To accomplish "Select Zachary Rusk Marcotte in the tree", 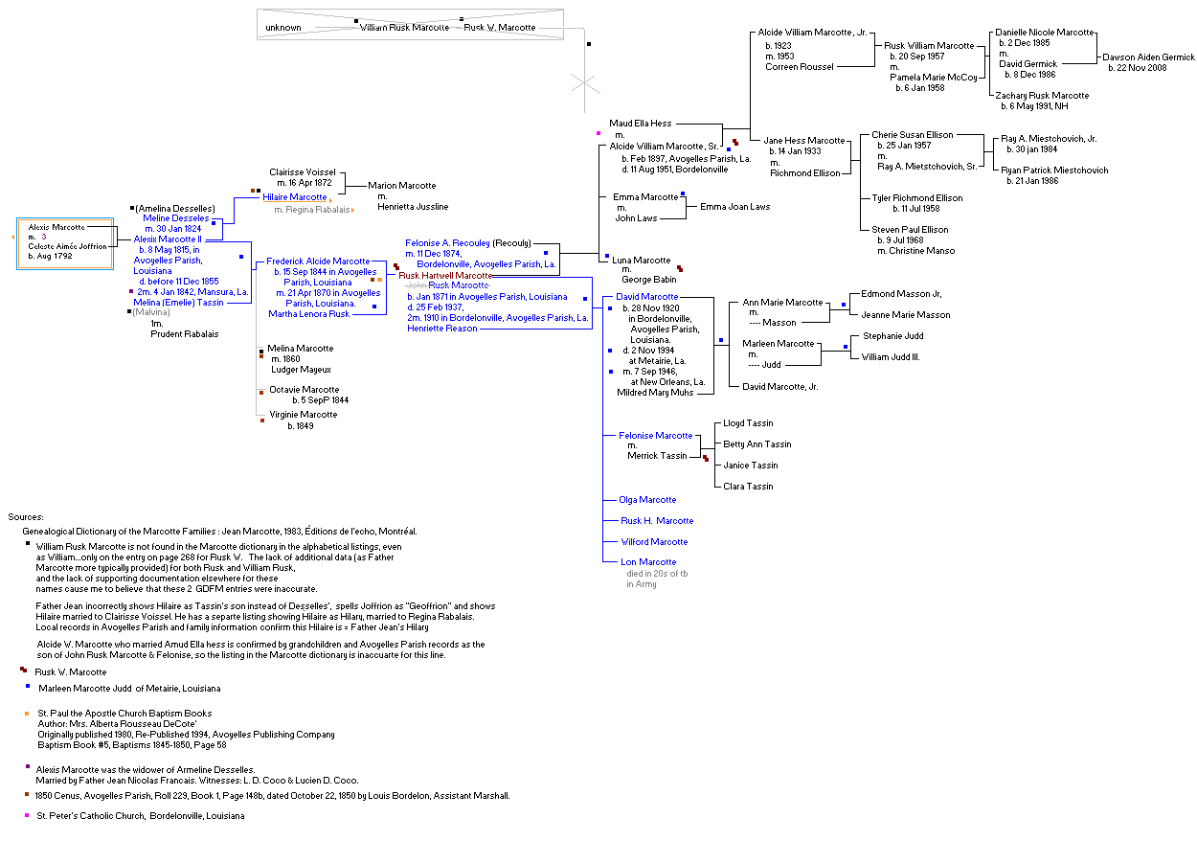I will (x=1042, y=96).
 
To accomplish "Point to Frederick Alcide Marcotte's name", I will (x=318, y=261).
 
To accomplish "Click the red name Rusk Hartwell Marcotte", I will (x=445, y=276).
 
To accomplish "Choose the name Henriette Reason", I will (x=441, y=329).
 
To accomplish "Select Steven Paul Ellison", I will (x=910, y=230).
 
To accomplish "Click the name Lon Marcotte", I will (x=648, y=562).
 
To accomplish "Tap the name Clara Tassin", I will (x=748, y=487).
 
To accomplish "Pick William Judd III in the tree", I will (x=891, y=357).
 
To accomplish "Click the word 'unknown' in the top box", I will (x=283, y=28).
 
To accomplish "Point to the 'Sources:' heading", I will (x=26, y=517).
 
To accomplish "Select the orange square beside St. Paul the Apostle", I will (x=27, y=714).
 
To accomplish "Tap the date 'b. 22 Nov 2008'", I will (x=1138, y=68).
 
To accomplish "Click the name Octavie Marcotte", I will (x=304, y=390).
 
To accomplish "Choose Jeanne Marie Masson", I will (x=906, y=315).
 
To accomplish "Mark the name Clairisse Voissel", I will (x=302, y=172).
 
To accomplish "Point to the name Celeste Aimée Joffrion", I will (x=68, y=246).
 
